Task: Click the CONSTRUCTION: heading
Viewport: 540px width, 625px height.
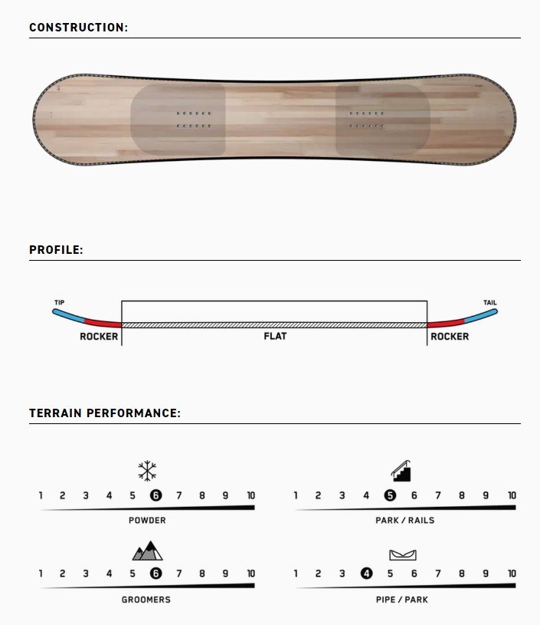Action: [78, 27]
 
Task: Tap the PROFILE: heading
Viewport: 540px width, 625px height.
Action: [56, 249]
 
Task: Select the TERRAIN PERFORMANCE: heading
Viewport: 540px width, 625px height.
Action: [105, 413]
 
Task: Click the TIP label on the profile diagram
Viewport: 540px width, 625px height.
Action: [59, 303]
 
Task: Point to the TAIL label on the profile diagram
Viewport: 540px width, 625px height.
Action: [489, 303]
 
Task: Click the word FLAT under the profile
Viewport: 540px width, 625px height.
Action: [275, 336]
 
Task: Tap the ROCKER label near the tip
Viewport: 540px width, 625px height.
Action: [99, 337]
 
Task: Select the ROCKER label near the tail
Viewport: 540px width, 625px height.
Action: [450, 337]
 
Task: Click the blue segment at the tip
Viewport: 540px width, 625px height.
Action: [68, 315]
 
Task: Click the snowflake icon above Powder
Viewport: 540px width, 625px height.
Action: [147, 471]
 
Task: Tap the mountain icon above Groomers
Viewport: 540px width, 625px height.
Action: [147, 551]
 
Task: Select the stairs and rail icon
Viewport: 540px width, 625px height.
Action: [401, 471]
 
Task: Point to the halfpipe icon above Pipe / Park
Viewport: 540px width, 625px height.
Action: [403, 554]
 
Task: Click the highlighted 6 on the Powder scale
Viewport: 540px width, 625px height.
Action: [155, 495]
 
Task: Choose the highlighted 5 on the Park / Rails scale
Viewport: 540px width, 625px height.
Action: [390, 495]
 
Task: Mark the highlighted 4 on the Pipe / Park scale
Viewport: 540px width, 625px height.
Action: [366, 574]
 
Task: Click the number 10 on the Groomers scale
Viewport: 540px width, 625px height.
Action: [250, 574]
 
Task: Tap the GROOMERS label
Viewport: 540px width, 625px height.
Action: [146, 600]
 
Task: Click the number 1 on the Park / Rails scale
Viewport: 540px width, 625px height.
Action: [296, 495]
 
